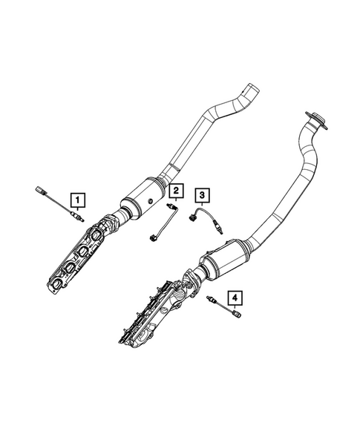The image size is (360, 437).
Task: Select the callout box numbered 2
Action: [174, 192]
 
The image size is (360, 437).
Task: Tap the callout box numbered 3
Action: [202, 195]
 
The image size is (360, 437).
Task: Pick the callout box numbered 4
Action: [235, 300]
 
